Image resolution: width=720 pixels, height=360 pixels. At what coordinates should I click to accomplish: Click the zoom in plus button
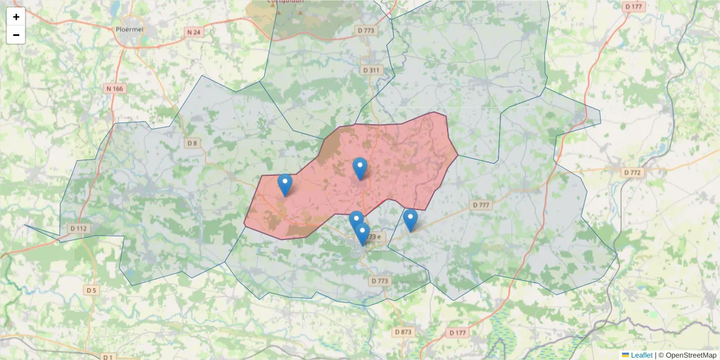[x=16, y=17]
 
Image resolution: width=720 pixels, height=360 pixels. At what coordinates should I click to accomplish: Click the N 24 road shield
[x=193, y=32]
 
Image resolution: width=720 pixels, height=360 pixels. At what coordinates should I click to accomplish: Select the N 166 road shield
[x=114, y=89]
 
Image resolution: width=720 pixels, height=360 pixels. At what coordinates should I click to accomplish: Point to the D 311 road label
[x=372, y=70]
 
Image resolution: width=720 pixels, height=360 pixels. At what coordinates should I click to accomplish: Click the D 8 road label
[x=191, y=143]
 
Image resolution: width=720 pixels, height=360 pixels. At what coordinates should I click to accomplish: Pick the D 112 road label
[x=79, y=228]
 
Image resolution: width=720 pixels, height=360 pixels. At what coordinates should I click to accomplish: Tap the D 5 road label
[x=91, y=290]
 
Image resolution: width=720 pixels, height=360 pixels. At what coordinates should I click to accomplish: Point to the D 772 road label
[x=632, y=172]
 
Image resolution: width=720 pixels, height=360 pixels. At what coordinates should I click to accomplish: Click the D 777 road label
[x=481, y=205]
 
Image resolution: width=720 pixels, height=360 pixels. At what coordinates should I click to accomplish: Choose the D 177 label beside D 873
[x=457, y=332]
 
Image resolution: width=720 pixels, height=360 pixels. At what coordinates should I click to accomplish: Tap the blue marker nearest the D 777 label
[x=410, y=220]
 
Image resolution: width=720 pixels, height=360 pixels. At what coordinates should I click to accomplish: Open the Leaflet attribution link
[x=641, y=355]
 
